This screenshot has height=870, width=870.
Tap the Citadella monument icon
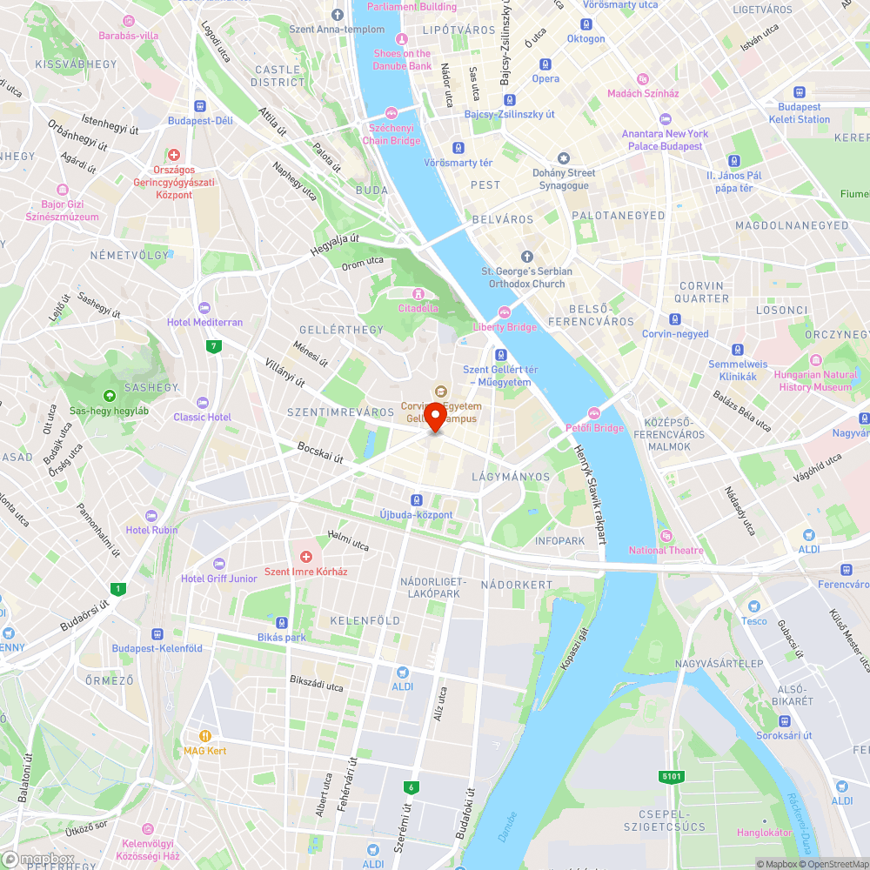coord(418,294)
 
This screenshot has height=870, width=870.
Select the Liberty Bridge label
coord(505,327)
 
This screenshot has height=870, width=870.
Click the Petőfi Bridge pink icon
coord(595,413)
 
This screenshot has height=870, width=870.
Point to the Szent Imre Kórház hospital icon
coord(305,557)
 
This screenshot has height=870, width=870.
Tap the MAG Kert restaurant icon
coord(205,735)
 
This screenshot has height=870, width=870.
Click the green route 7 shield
coord(213,346)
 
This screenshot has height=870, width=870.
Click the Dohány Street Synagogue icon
coord(564,158)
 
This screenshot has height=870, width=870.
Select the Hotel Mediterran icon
coord(204,307)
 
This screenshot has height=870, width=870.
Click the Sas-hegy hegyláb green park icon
coord(109,395)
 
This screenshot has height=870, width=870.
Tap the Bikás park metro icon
coord(282,623)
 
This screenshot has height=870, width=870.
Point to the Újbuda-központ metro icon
coord(417,500)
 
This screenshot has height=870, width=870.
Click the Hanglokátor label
coord(764,833)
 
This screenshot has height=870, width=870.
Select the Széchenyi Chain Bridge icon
coord(391,112)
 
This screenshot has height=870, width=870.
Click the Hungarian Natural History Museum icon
coord(815,360)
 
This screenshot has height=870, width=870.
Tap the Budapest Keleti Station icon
coord(799,92)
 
